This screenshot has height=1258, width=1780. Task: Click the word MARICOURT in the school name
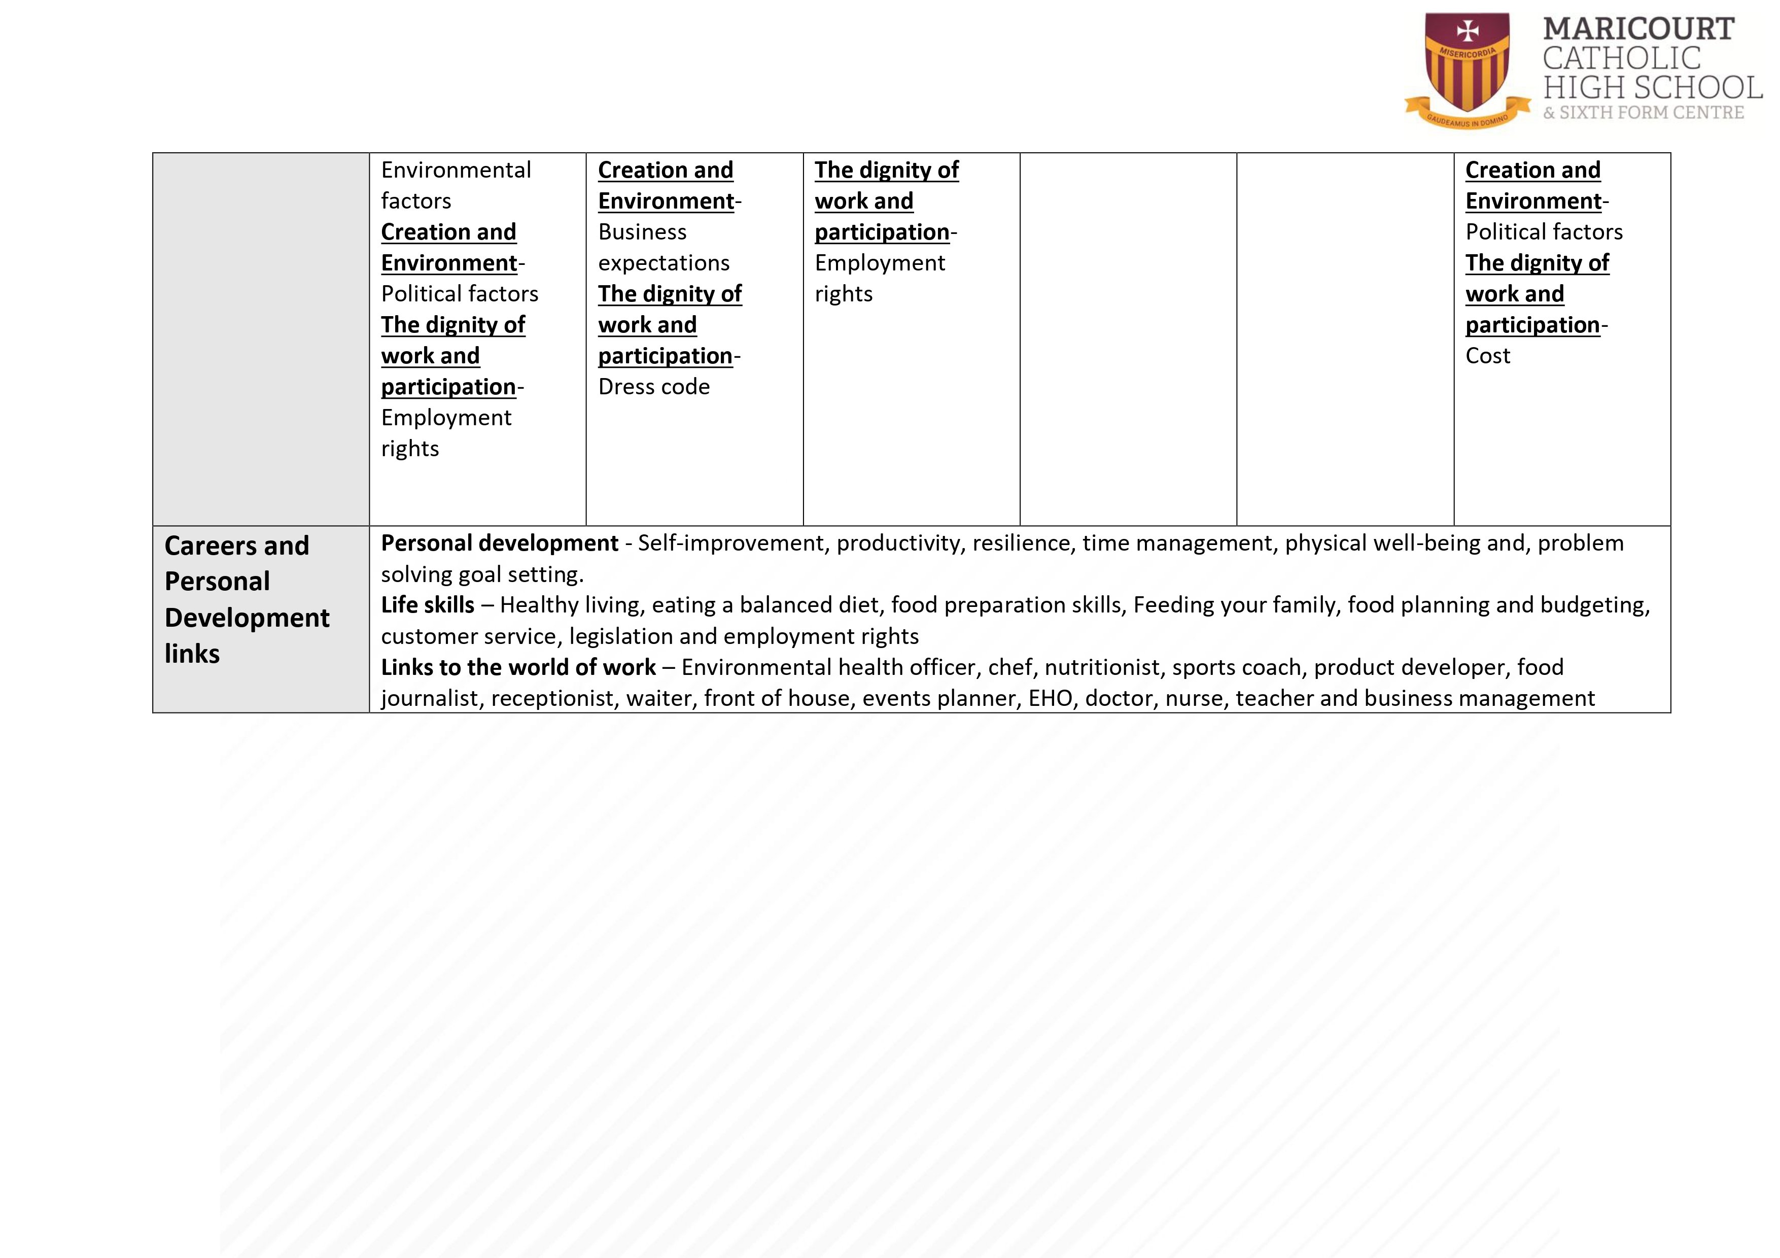[1638, 29]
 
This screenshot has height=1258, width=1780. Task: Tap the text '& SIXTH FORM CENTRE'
[1644, 113]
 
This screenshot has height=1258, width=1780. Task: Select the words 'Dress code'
[653, 386]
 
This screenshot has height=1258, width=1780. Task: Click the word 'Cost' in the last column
[1487, 355]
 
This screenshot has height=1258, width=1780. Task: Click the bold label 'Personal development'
[499, 543]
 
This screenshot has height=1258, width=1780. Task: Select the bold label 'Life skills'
[427, 605]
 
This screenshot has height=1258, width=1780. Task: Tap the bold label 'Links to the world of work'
[518, 667]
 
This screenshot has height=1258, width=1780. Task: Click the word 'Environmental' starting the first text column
[456, 170]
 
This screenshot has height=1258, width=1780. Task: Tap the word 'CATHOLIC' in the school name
[1621, 58]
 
